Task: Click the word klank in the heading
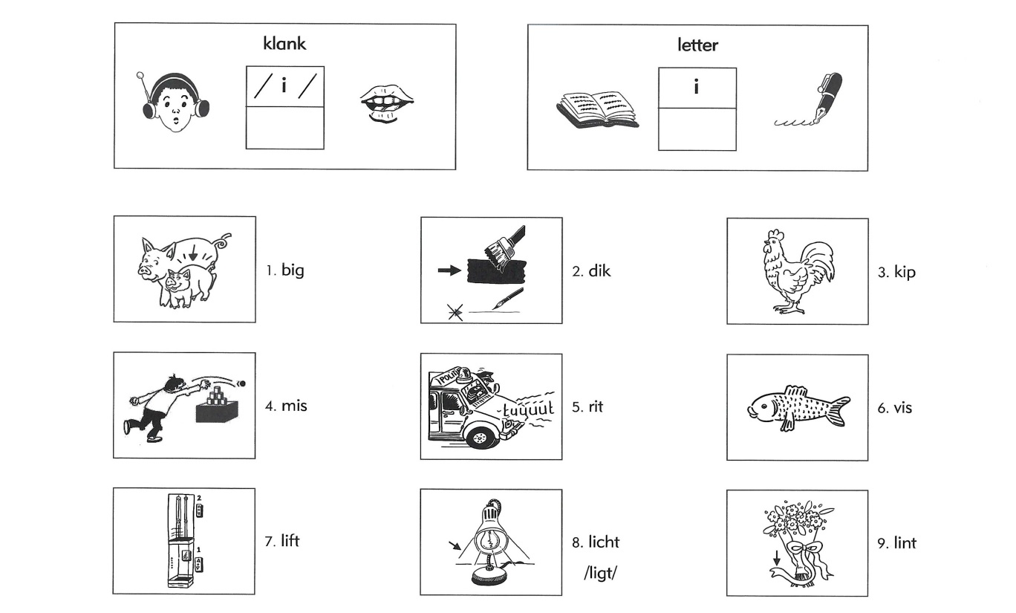[x=284, y=44]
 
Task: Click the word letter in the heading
[x=697, y=45]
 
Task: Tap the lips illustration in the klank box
[x=387, y=104]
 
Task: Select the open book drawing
[x=597, y=110]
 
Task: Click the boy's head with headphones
[x=175, y=102]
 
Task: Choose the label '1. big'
[x=285, y=270]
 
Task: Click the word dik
[x=599, y=271]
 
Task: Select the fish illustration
[x=798, y=408]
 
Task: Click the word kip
[x=905, y=272]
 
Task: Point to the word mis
[x=294, y=406]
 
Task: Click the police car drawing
[x=491, y=406]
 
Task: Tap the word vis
[x=902, y=408]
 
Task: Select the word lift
[x=290, y=541]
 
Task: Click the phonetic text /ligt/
[x=600, y=573]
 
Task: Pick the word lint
[x=905, y=542]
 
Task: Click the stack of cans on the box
[x=215, y=395]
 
